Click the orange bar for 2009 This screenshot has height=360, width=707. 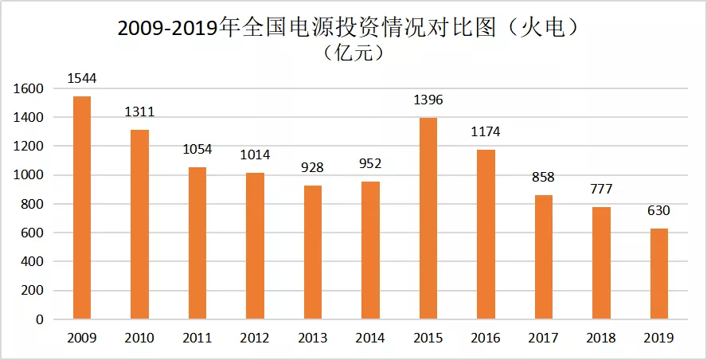(x=82, y=208)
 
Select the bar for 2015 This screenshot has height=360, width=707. (x=428, y=218)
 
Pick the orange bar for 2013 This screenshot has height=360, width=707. (x=313, y=252)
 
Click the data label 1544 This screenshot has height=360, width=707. (x=82, y=78)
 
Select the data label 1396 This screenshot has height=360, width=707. (x=428, y=100)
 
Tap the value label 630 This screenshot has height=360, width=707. (x=658, y=210)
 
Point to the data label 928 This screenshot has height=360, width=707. (x=313, y=167)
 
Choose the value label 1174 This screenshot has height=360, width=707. (x=486, y=131)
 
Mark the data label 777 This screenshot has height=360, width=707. (x=601, y=189)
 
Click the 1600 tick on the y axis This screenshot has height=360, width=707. (x=29, y=88)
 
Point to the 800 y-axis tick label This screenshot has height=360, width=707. (x=33, y=204)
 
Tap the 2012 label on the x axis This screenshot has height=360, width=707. (x=255, y=338)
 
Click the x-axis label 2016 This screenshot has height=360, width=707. (x=486, y=338)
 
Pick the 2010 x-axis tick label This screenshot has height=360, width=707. (x=139, y=338)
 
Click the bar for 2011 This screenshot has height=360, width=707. (x=197, y=243)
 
